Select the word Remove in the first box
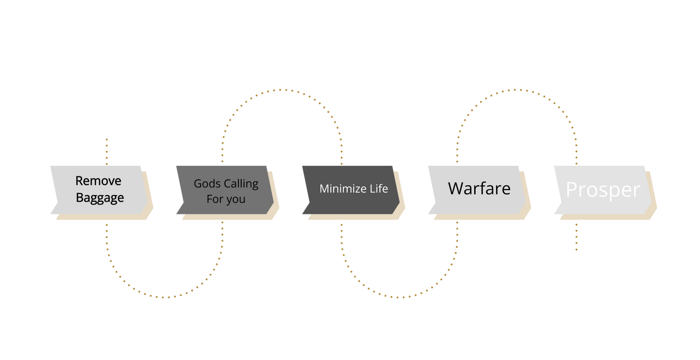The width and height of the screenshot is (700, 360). point(98,181)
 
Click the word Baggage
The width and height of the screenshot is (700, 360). point(100,198)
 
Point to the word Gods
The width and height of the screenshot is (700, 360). point(205,184)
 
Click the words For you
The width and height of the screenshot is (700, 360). point(226,199)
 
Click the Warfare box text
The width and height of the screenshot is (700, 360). point(479,189)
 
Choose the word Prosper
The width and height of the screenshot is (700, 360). point(603,190)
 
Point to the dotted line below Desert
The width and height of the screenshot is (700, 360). point(107,151)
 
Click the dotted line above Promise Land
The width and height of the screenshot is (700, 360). point(576,237)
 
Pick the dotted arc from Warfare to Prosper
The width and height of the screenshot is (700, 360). point(516,90)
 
